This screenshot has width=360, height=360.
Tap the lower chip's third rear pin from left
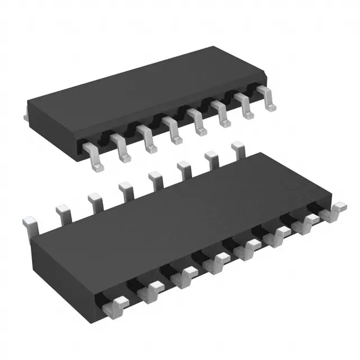pyautogui.click(x=93, y=200)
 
